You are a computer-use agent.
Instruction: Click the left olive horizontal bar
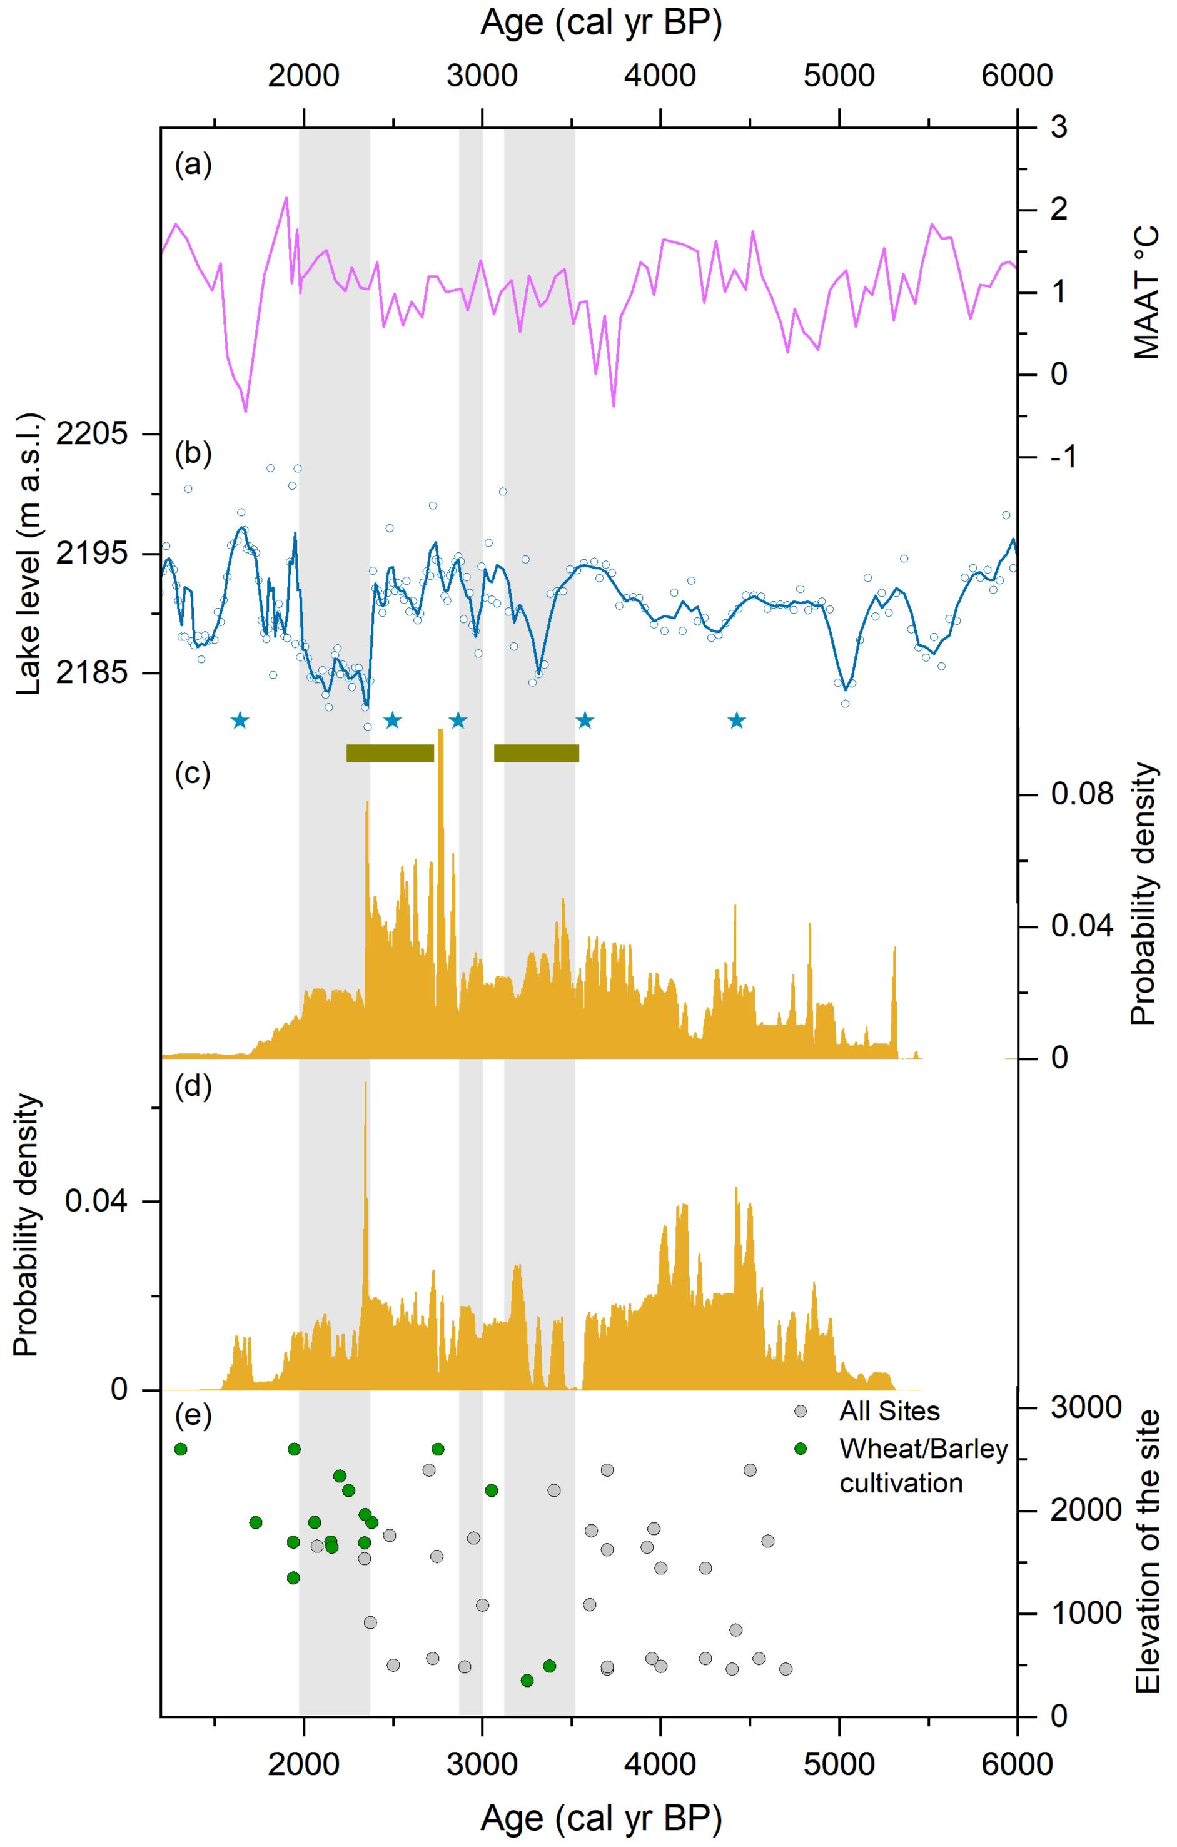(x=390, y=753)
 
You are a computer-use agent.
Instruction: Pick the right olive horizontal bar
(x=537, y=753)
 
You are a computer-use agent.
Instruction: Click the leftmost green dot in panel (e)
(x=181, y=1449)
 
